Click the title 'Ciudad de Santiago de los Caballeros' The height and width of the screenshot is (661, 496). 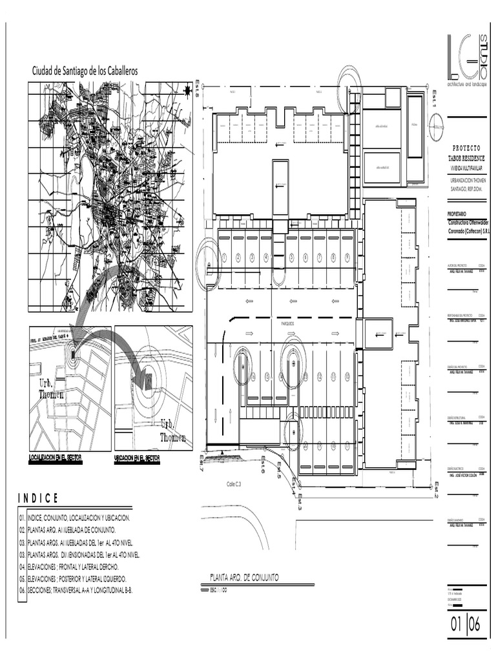point(85,71)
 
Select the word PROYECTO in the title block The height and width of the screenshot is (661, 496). point(466,148)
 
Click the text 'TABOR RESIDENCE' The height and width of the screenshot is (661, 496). point(466,158)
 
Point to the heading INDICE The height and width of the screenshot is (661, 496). point(38,498)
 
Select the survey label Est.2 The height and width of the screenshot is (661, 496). point(437,491)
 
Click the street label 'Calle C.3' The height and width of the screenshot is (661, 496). point(234,483)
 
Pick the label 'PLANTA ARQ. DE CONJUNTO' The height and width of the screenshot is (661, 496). point(245,577)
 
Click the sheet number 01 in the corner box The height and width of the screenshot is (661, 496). point(456,625)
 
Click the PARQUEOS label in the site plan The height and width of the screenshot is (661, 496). point(287,323)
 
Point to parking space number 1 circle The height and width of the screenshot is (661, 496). point(224,258)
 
